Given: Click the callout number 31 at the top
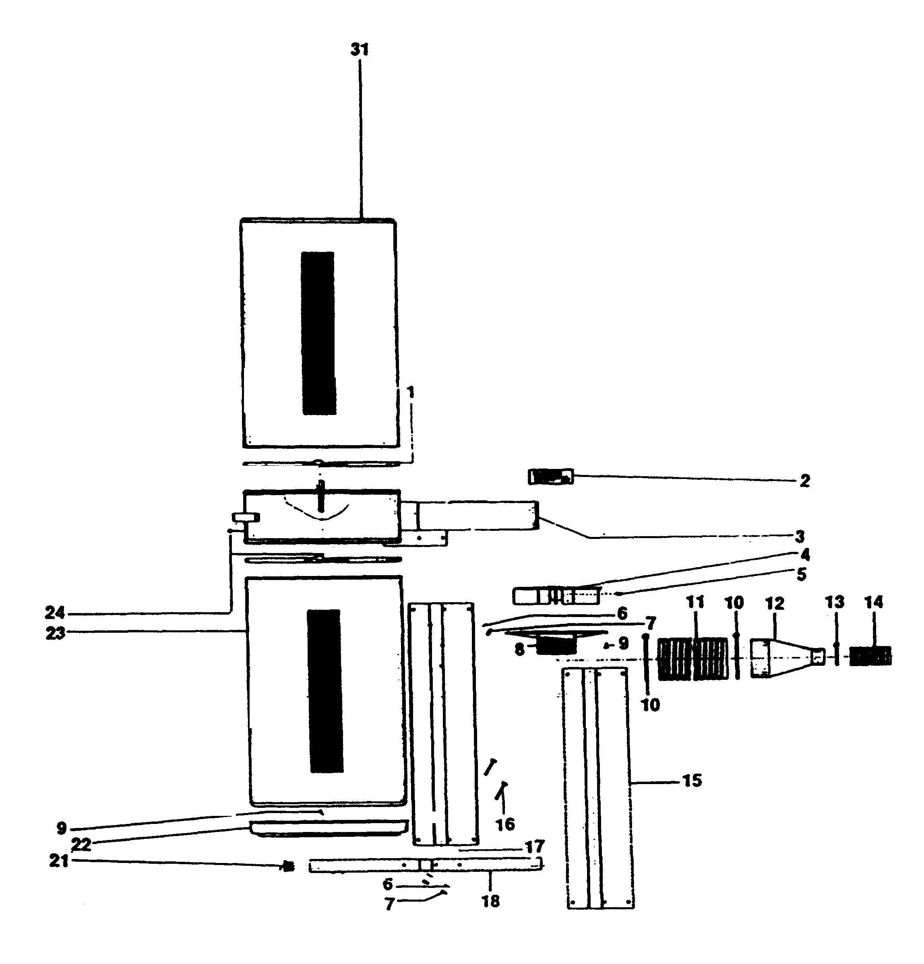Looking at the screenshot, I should (x=359, y=49).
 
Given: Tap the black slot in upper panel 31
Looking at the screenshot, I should (x=318, y=333).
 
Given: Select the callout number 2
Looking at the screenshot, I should (x=804, y=481).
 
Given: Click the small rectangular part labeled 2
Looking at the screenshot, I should (x=550, y=477).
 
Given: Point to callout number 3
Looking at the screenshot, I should (x=800, y=536).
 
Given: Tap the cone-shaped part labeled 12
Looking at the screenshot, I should (x=786, y=658).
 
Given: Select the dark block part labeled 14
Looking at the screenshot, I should (x=870, y=656).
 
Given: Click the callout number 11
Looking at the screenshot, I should (x=695, y=602).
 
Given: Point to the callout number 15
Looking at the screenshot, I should (x=692, y=780).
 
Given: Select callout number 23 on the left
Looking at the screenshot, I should (x=55, y=633).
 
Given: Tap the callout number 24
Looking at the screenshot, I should (x=55, y=613).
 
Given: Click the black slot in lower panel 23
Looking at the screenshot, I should (x=325, y=691).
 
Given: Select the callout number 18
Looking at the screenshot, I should (x=490, y=901).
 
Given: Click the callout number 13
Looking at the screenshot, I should (x=835, y=603).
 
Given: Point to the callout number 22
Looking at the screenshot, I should (x=81, y=844).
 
